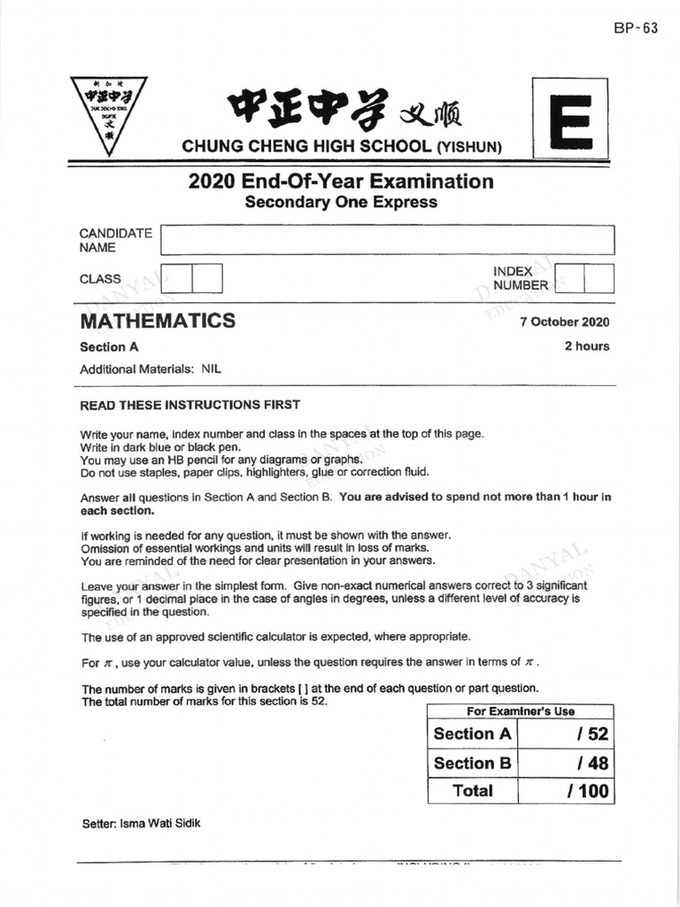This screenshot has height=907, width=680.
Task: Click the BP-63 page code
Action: tap(636, 27)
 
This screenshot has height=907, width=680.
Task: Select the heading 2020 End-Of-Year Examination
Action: tap(341, 182)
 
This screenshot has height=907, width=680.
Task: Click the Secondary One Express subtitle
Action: tap(341, 202)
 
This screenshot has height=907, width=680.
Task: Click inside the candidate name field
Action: tap(387, 240)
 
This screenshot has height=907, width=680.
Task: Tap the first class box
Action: tap(177, 279)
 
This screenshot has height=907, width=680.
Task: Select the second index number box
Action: tap(599, 279)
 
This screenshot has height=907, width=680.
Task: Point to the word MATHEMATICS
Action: tap(158, 321)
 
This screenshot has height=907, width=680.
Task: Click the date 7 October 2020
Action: tap(565, 322)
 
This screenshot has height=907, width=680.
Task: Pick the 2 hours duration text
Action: tap(587, 346)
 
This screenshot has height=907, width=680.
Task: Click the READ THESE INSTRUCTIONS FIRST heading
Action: tap(190, 405)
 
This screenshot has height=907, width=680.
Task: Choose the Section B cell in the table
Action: tap(472, 763)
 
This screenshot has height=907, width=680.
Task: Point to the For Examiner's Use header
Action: tap(521, 711)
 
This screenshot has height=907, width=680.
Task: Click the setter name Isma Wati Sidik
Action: tap(141, 823)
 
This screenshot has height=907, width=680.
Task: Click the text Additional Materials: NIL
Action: tap(150, 369)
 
